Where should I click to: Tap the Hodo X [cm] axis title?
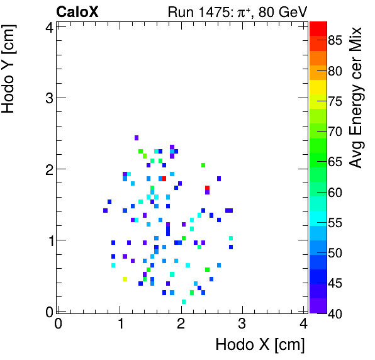tap(260, 344)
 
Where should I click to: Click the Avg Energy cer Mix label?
tap(356, 98)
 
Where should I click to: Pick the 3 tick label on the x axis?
tap(242, 323)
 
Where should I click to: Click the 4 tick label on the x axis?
tap(303, 323)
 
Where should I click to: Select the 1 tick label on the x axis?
tap(120, 323)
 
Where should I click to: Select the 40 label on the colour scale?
tap(336, 313)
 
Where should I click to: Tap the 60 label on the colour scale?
tap(336, 193)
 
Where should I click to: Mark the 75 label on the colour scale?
tap(336, 101)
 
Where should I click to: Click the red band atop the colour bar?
tap(318, 28)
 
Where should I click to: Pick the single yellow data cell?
tap(125, 279)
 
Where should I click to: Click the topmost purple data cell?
tap(137, 138)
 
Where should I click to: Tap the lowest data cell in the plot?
tap(184, 302)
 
